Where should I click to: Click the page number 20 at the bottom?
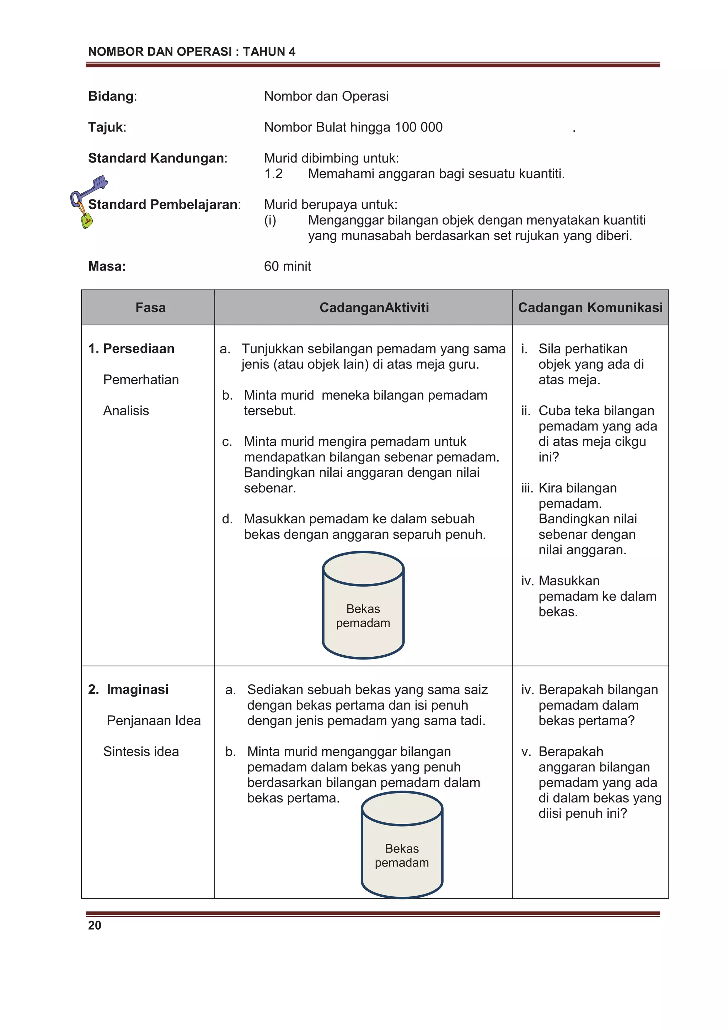(95, 925)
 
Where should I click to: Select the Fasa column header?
(151, 308)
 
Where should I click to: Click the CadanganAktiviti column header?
(374, 308)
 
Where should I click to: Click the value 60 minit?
(287, 266)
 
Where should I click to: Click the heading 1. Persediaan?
(132, 348)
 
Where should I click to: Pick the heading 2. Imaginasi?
(128, 689)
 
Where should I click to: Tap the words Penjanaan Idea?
(154, 720)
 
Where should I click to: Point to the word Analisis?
(126, 411)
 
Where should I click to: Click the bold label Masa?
(107, 266)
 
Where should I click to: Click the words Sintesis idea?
(141, 751)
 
